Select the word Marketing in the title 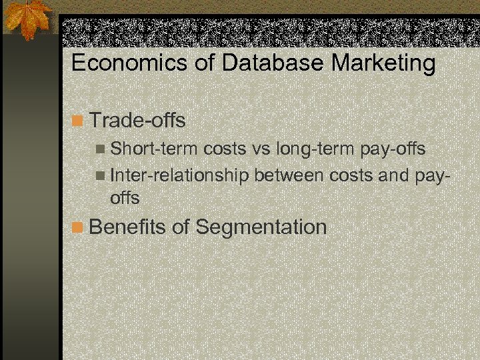pos(384,64)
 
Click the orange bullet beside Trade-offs pos(78,121)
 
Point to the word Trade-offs pos(137,121)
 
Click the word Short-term pos(153,149)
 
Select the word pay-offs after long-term pos(393,149)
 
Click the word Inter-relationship pos(179,175)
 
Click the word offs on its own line pos(125,198)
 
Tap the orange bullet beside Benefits pos(78,227)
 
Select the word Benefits pos(127,227)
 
